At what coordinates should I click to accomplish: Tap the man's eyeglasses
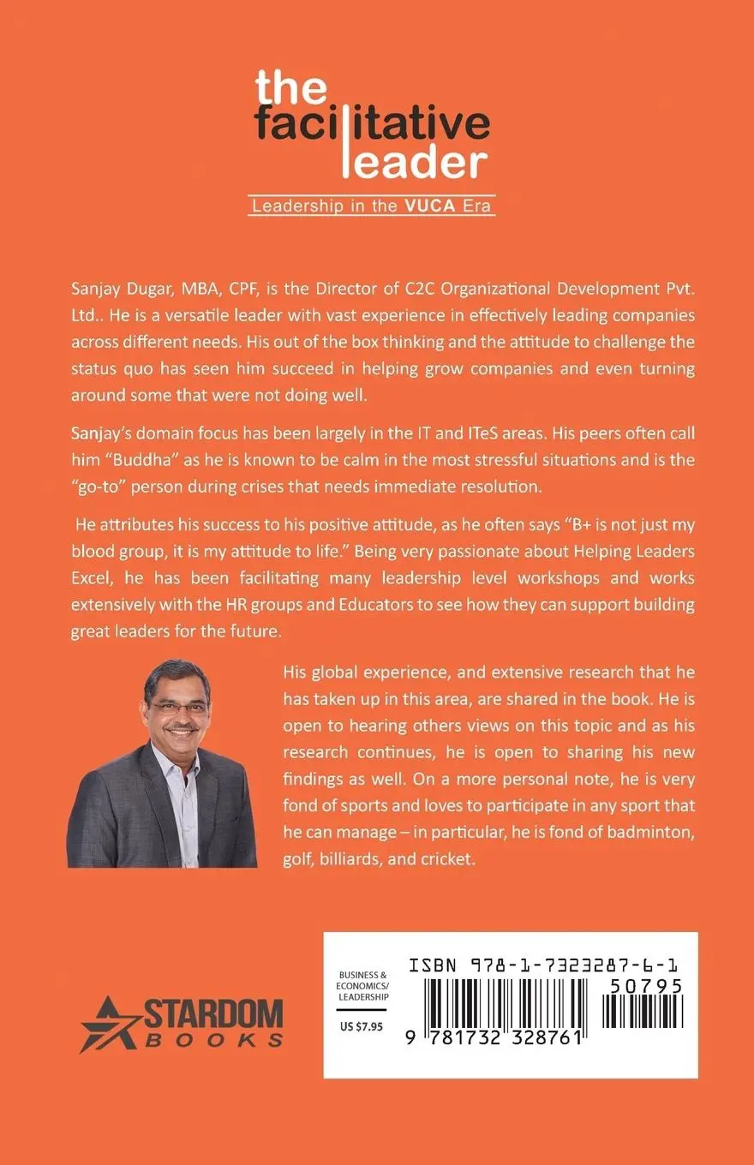178,708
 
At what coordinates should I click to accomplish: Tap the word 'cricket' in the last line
446,858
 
